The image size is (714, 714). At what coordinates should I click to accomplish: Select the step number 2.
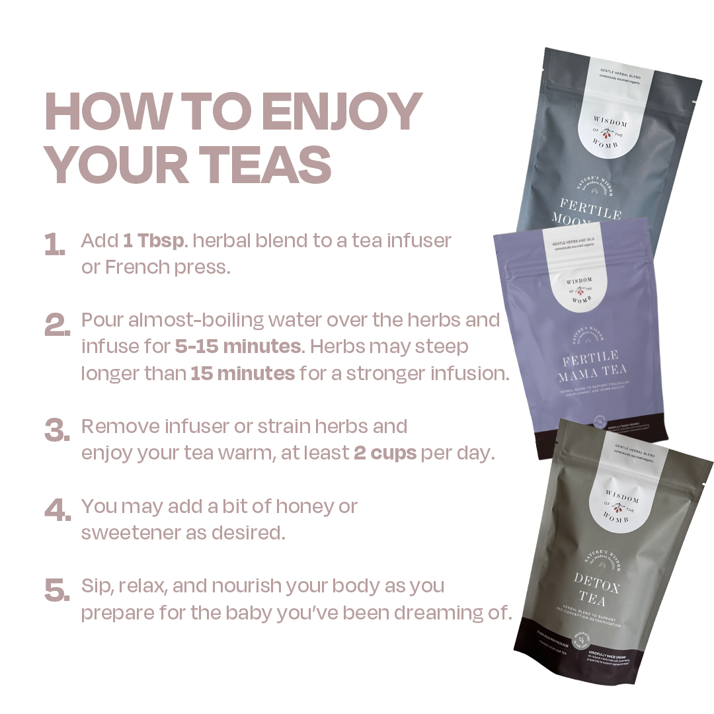[x=58, y=325]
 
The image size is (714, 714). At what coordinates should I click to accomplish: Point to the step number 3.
[x=58, y=431]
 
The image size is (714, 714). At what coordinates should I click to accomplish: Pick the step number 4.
[x=58, y=511]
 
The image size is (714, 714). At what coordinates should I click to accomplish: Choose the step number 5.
[x=58, y=590]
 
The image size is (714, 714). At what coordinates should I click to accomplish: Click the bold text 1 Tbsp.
[x=153, y=240]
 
